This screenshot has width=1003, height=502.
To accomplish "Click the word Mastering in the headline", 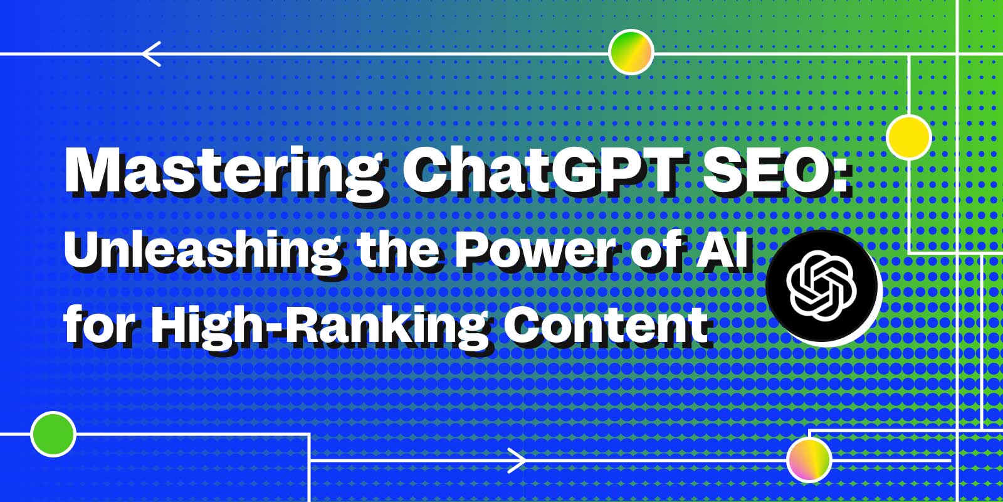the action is pos(224,173).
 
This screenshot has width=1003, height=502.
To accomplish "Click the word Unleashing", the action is pos(202,254).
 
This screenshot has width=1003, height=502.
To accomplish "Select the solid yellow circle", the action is pos(909,137).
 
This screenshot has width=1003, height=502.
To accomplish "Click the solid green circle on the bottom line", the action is pos(53,434).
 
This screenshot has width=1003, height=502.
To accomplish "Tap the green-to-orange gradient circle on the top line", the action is pos(631,52).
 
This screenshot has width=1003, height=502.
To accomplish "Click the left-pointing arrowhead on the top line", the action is pos(151,54).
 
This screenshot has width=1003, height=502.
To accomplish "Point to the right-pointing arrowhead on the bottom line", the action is pos(517,461).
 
